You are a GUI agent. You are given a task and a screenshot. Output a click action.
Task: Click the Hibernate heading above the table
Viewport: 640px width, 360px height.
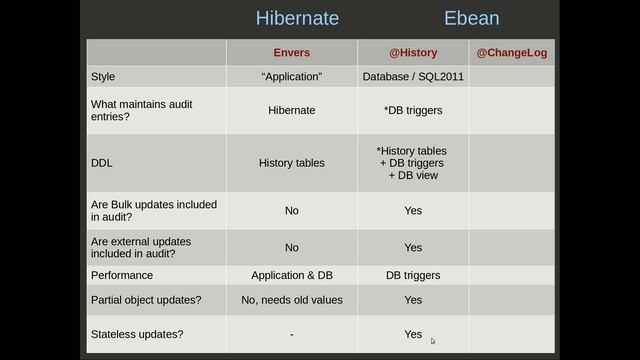click(297, 18)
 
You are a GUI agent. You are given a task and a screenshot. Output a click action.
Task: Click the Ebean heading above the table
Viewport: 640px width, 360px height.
click(471, 18)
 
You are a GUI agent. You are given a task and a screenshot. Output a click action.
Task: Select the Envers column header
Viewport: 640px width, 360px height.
click(291, 52)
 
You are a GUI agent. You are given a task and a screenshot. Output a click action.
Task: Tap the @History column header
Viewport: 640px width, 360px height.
click(413, 52)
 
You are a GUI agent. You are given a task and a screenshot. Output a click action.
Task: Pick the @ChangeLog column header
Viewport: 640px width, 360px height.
click(511, 52)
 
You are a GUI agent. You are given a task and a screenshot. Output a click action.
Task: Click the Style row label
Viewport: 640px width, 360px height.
click(103, 76)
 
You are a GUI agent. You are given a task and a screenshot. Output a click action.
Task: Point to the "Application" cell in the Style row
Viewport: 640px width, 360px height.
click(291, 76)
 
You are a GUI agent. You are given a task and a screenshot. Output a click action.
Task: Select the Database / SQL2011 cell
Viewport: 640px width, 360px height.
click(412, 76)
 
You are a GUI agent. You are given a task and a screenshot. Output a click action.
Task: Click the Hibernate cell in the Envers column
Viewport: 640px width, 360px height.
click(291, 110)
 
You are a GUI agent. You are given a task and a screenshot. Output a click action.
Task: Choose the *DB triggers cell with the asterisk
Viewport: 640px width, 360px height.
click(413, 110)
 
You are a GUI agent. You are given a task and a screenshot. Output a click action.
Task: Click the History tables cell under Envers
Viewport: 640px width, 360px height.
click(291, 163)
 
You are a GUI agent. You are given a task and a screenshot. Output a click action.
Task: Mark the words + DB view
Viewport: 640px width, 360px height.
click(413, 176)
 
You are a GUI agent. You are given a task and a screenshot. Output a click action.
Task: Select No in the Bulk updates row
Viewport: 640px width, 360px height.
click(291, 211)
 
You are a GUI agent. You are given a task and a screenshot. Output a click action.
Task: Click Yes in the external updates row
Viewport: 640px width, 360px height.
click(413, 247)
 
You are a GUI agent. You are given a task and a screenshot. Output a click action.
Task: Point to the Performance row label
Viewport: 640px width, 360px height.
click(122, 275)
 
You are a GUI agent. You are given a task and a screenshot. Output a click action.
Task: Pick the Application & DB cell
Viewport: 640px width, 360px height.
click(291, 275)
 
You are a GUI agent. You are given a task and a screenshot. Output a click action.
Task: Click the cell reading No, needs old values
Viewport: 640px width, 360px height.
click(291, 300)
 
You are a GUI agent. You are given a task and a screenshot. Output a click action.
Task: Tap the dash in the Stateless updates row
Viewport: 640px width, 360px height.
click(291, 335)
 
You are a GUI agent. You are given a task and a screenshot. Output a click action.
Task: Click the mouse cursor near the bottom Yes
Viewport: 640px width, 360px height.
click(433, 341)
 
